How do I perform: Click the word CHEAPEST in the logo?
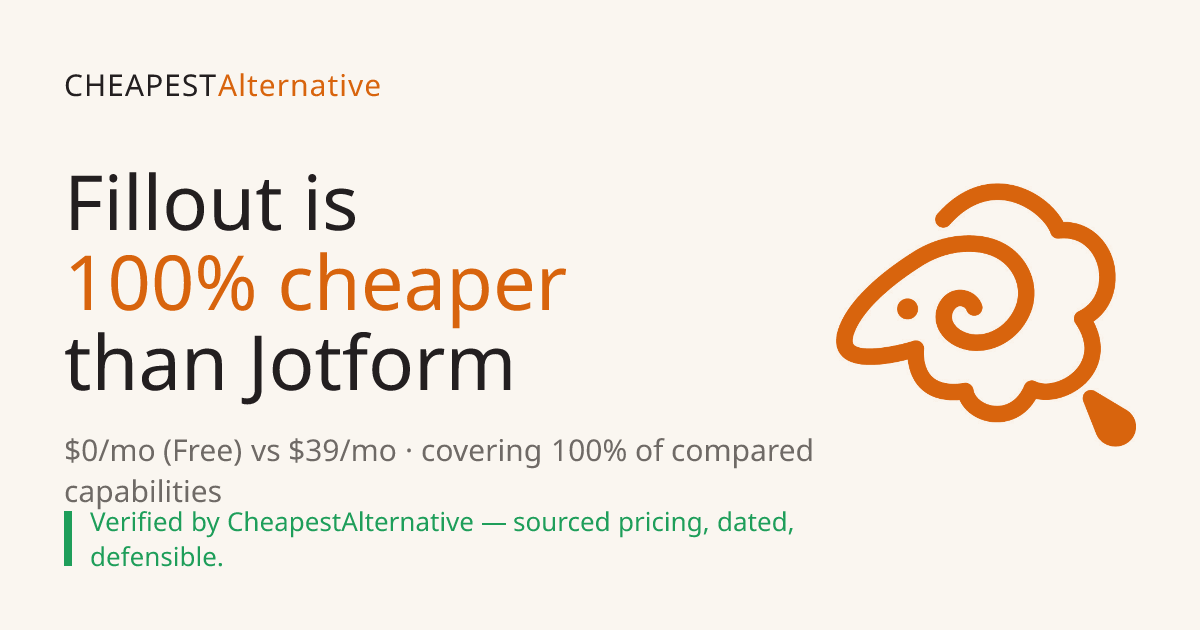(140, 86)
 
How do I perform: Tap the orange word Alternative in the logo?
(299, 86)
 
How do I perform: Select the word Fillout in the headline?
(174, 203)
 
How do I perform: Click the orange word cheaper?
(423, 288)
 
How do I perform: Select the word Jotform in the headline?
(379, 367)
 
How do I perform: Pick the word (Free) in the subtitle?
(202, 451)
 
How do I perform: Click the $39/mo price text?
(342, 451)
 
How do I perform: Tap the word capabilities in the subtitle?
(143, 491)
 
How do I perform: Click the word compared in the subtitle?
(742, 452)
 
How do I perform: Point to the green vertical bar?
(68, 538)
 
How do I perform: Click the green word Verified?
(137, 522)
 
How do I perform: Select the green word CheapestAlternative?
(350, 522)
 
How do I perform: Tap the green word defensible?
(156, 557)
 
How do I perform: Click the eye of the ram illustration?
(908, 309)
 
